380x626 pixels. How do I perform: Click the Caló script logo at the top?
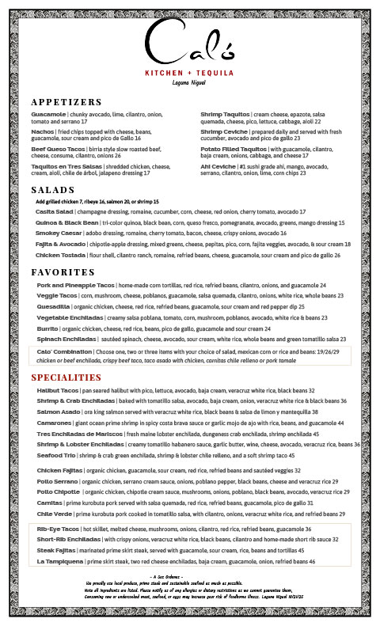(189, 46)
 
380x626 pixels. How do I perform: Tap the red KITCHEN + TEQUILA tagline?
(189, 72)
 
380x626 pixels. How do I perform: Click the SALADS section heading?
(54, 191)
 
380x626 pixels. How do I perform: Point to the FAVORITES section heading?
(63, 271)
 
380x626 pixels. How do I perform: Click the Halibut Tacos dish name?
(58, 391)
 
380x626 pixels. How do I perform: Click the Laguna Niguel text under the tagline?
(189, 82)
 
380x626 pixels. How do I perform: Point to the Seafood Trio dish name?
(56, 456)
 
